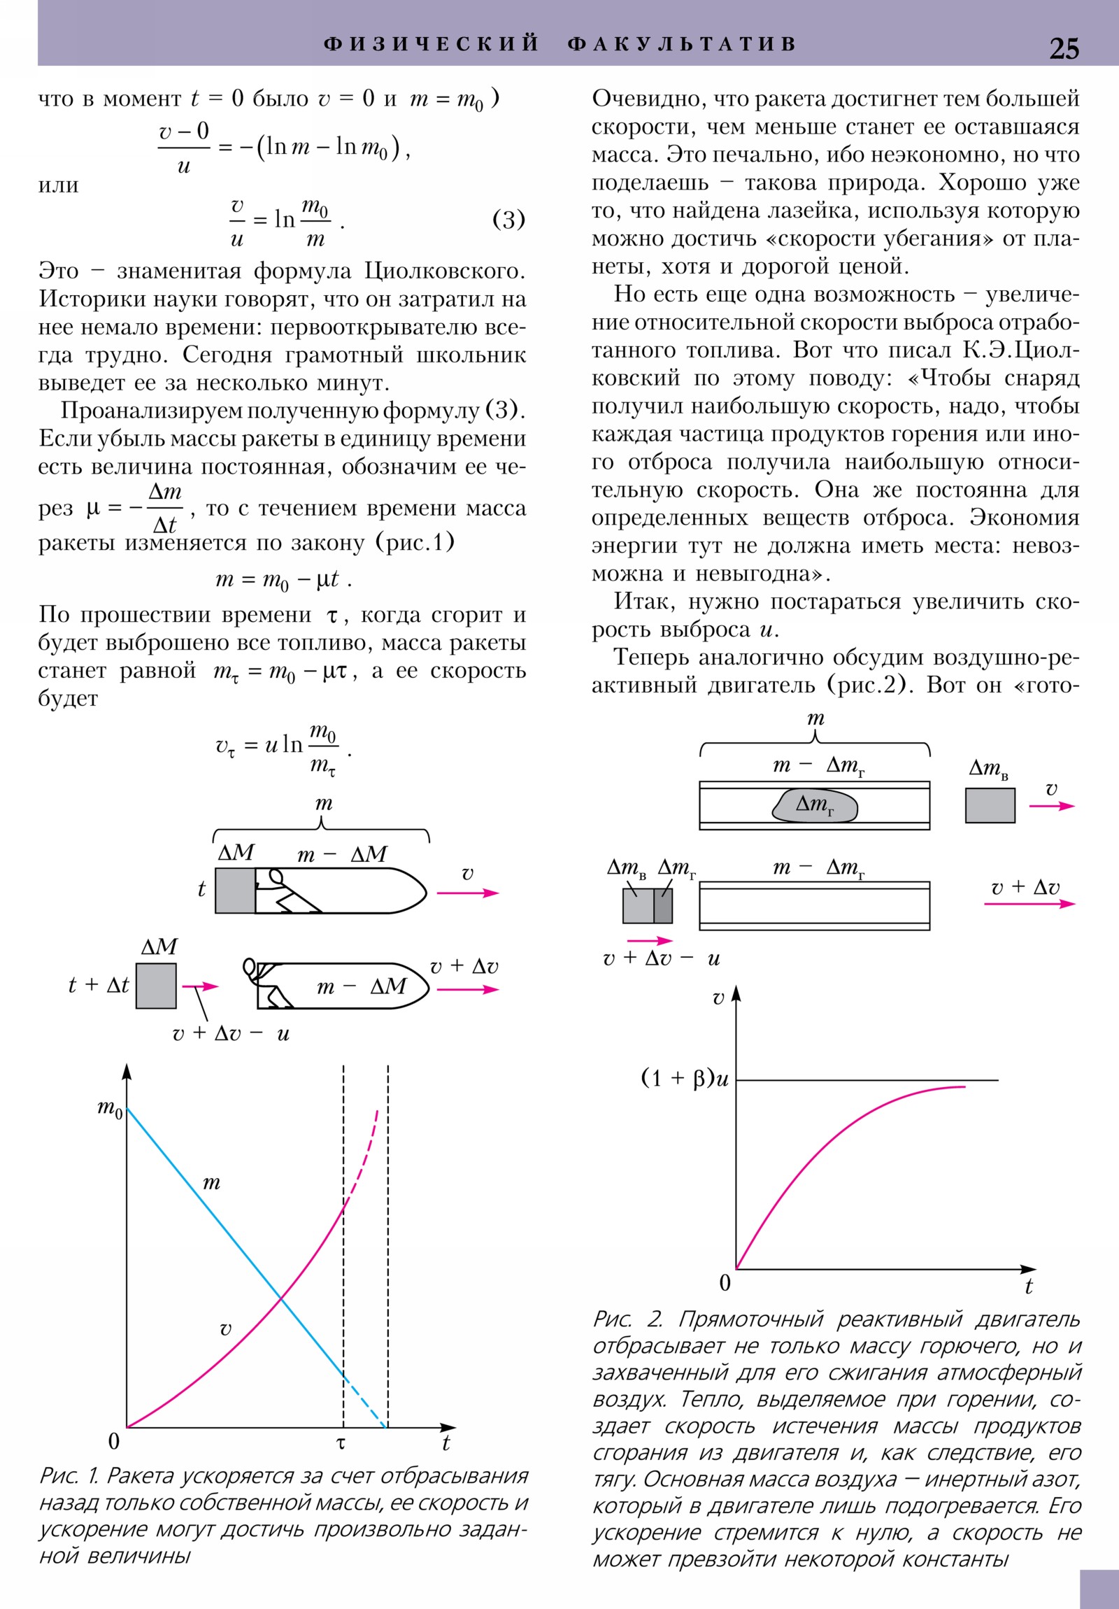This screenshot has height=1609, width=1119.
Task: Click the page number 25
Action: click(1064, 48)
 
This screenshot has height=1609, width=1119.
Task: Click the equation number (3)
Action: click(508, 220)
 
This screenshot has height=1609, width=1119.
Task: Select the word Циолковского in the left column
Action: click(444, 271)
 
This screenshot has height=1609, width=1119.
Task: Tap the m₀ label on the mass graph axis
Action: click(110, 1109)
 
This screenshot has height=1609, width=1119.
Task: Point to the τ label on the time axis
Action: click(341, 1443)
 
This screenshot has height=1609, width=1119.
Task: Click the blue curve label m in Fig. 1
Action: click(211, 1184)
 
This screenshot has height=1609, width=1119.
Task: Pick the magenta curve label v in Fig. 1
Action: click(225, 1328)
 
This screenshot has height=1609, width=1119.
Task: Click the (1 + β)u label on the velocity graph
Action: click(685, 1078)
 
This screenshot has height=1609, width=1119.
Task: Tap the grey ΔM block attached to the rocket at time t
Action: click(235, 890)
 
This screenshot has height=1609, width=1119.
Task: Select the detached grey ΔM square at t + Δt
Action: click(155, 985)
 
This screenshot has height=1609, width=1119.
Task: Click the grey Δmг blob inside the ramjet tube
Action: click(815, 805)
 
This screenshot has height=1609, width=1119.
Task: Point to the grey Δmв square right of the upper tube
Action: click(990, 805)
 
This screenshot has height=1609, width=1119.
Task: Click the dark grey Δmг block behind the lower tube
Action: click(663, 905)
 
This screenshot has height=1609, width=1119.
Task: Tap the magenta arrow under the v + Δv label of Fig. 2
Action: click(1029, 904)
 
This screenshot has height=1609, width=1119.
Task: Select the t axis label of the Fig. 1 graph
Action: click(446, 1443)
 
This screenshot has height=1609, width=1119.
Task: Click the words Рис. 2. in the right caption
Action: click(627, 1319)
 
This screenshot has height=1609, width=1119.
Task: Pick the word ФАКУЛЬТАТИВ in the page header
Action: click(682, 44)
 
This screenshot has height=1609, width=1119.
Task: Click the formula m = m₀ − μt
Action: click(283, 579)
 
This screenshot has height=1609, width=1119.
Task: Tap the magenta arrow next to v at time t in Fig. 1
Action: click(467, 893)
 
